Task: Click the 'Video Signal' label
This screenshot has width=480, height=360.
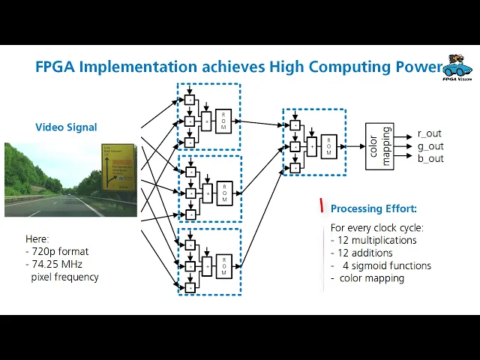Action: pos(66,127)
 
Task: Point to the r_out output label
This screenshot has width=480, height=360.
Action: pos(430,133)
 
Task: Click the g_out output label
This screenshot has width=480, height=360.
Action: pos(430,146)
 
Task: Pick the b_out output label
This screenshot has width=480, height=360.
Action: pos(430,158)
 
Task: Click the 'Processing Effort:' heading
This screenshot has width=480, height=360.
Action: pos(373,208)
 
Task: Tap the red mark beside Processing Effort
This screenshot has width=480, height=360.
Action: pos(322,205)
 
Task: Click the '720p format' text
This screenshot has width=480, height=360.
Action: pos(61,252)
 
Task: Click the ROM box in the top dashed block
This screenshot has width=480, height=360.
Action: pos(223,120)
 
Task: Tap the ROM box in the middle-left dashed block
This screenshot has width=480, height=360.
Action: pos(223,193)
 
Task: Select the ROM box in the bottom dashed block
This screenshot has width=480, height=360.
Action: pos(223,265)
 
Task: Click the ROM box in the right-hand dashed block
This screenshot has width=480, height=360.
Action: pos(328,146)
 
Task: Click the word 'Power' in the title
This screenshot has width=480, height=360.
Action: pos(419,67)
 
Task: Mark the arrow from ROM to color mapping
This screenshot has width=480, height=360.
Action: pos(352,146)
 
